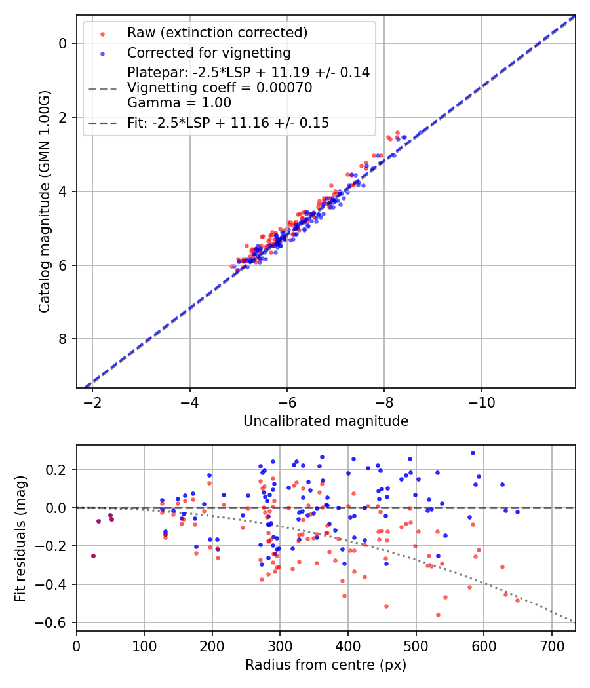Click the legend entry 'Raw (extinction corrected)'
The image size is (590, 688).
click(x=217, y=33)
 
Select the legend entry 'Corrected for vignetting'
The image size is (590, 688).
click(x=208, y=52)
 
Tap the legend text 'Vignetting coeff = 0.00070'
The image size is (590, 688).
click(x=220, y=88)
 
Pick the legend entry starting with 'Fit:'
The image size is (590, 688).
click(x=227, y=123)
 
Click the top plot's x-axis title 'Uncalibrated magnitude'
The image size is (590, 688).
click(x=326, y=421)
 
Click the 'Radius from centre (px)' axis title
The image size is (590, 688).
click(x=326, y=665)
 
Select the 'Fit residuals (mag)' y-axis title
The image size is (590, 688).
click(x=20, y=538)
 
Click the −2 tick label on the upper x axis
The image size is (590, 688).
click(x=92, y=400)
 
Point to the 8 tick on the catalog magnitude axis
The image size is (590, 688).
click(x=63, y=339)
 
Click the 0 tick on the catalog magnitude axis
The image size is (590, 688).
click(x=63, y=43)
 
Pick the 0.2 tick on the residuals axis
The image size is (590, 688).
click(x=58, y=470)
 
